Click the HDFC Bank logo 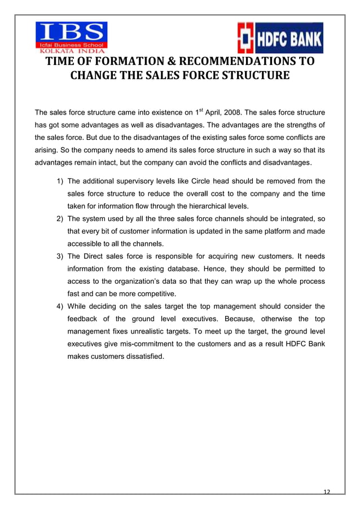[x=280, y=38]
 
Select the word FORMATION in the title [x=113, y=61]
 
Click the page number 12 [x=326, y=491]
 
